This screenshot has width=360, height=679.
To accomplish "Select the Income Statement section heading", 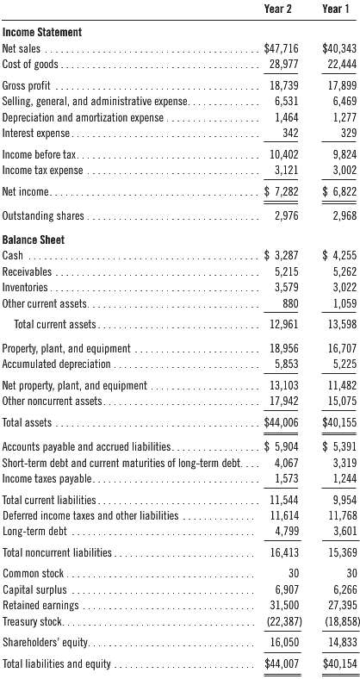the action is (x=42, y=32).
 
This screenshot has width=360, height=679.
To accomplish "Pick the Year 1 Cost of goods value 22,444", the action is (x=333, y=65).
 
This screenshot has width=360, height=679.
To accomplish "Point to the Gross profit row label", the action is (x=27, y=87).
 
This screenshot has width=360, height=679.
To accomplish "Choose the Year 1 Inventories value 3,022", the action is (x=337, y=286).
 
